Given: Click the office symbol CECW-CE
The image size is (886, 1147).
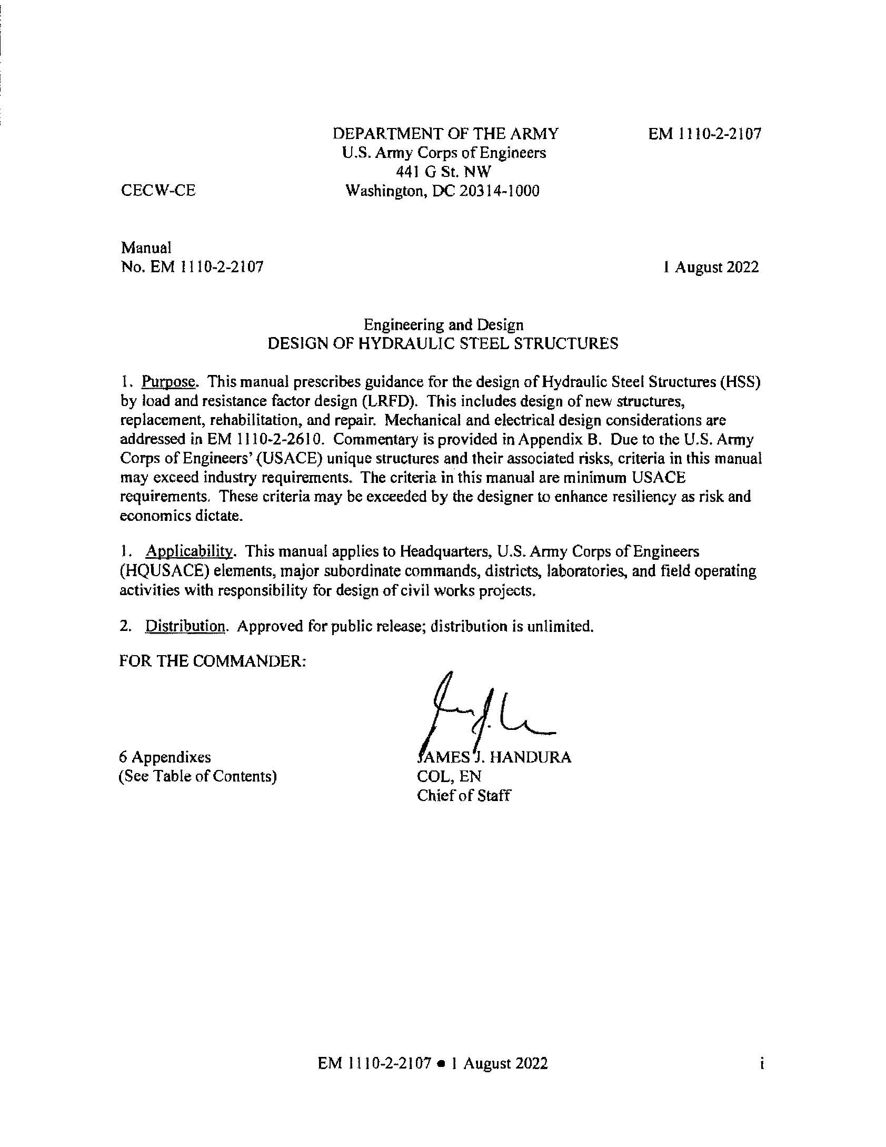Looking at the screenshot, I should (158, 191).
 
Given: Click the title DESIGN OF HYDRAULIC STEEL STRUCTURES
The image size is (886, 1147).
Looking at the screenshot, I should (443, 344).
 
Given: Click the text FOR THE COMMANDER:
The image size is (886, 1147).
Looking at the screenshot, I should (213, 661).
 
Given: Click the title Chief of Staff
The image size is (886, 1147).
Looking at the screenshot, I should (463, 795).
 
